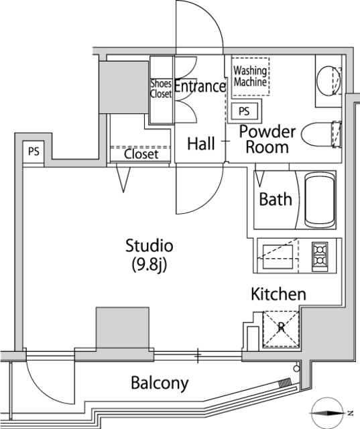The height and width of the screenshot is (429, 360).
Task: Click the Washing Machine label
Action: pyautogui.click(x=250, y=76)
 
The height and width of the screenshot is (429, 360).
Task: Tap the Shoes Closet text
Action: pyautogui.click(x=161, y=88)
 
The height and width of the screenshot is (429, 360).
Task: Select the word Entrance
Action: pyautogui.click(x=200, y=86)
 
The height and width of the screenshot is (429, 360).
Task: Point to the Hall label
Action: pyautogui.click(x=201, y=143)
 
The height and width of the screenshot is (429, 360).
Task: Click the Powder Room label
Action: pyautogui.click(x=267, y=139)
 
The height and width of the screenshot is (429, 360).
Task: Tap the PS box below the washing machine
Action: pyautogui.click(x=244, y=111)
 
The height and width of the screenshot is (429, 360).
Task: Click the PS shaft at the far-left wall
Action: pyautogui.click(x=34, y=151)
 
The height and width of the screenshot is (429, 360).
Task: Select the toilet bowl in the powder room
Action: pyautogui.click(x=317, y=134)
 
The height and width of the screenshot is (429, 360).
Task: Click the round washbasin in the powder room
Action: pyautogui.click(x=328, y=80)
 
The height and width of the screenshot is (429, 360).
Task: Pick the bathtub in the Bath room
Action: pyautogui.click(x=320, y=200)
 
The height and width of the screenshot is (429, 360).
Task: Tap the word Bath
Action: pyautogui.click(x=276, y=199)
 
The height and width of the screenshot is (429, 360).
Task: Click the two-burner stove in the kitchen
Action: pyautogui.click(x=320, y=257)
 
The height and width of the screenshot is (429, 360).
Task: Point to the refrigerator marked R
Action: pyautogui.click(x=281, y=329)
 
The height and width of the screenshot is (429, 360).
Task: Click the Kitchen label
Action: pyautogui.click(x=278, y=294)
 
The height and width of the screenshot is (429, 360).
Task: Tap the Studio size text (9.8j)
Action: pyautogui.click(x=149, y=265)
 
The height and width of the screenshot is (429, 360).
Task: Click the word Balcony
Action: pyautogui.click(x=160, y=383)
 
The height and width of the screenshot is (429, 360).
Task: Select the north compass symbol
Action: pyautogui.click(x=327, y=413)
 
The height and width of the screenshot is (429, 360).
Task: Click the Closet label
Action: pyautogui.click(x=141, y=154)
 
